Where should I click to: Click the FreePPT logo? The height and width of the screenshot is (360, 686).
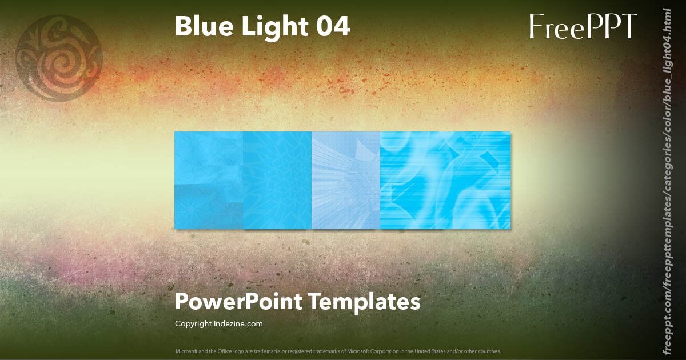(583, 27)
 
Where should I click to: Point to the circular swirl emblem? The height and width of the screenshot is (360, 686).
(59, 57)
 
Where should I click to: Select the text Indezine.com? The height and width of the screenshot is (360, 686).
(240, 324)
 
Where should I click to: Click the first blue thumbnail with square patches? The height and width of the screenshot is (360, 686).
(209, 180)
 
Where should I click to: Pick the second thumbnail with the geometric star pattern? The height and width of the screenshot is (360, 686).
(277, 180)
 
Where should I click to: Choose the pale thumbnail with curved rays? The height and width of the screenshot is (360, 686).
(346, 180)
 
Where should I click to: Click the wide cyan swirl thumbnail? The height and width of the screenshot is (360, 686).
(445, 180)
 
